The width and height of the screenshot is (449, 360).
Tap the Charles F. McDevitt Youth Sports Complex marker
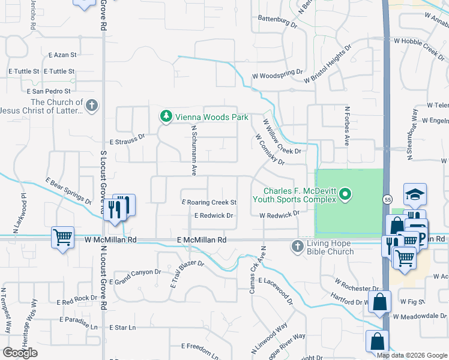click(x=345, y=194)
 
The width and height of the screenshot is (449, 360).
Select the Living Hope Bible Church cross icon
click(x=297, y=246)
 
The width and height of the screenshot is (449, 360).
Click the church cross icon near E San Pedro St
click(x=91, y=106)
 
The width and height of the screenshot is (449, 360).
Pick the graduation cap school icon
click(x=415, y=194)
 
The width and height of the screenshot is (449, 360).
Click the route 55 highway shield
click(x=388, y=198)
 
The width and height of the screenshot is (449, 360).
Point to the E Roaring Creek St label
click(x=209, y=203)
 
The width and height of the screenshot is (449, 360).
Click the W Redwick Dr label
click(x=279, y=214)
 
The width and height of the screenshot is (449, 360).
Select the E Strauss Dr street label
click(x=127, y=137)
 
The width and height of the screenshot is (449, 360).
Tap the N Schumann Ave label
click(x=194, y=150)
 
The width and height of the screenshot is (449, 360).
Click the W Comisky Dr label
click(x=269, y=149)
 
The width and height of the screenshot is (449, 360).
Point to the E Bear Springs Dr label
click(x=68, y=190)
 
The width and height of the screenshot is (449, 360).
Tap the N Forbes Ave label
click(x=347, y=127)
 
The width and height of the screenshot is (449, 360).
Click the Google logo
click(x=20, y=353)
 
